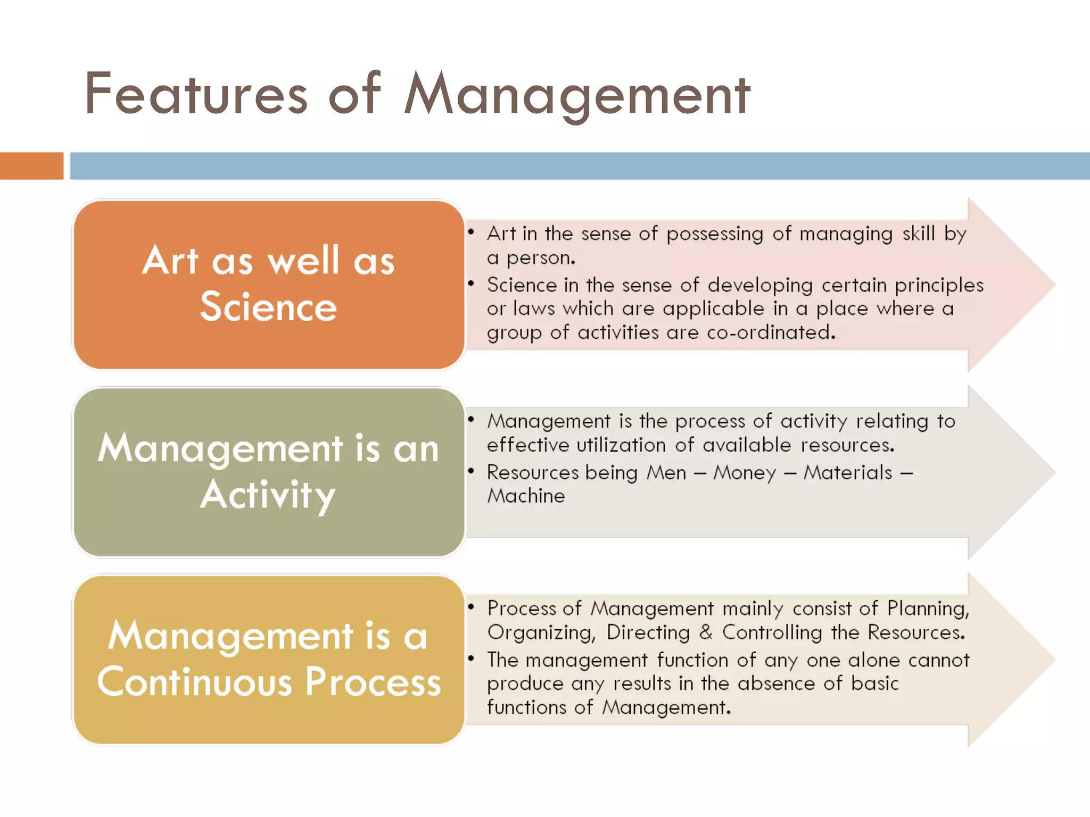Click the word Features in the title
coord(196,94)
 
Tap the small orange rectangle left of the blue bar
coord(31,166)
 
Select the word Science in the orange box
coord(268,307)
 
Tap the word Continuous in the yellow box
coord(195,682)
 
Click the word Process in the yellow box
coord(373,682)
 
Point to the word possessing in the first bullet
coord(715,234)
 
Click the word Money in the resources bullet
coord(745,472)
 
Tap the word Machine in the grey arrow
coord(526,496)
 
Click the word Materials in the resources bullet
coord(848,472)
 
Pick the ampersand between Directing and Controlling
coord(706,632)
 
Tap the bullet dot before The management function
coord(471,658)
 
